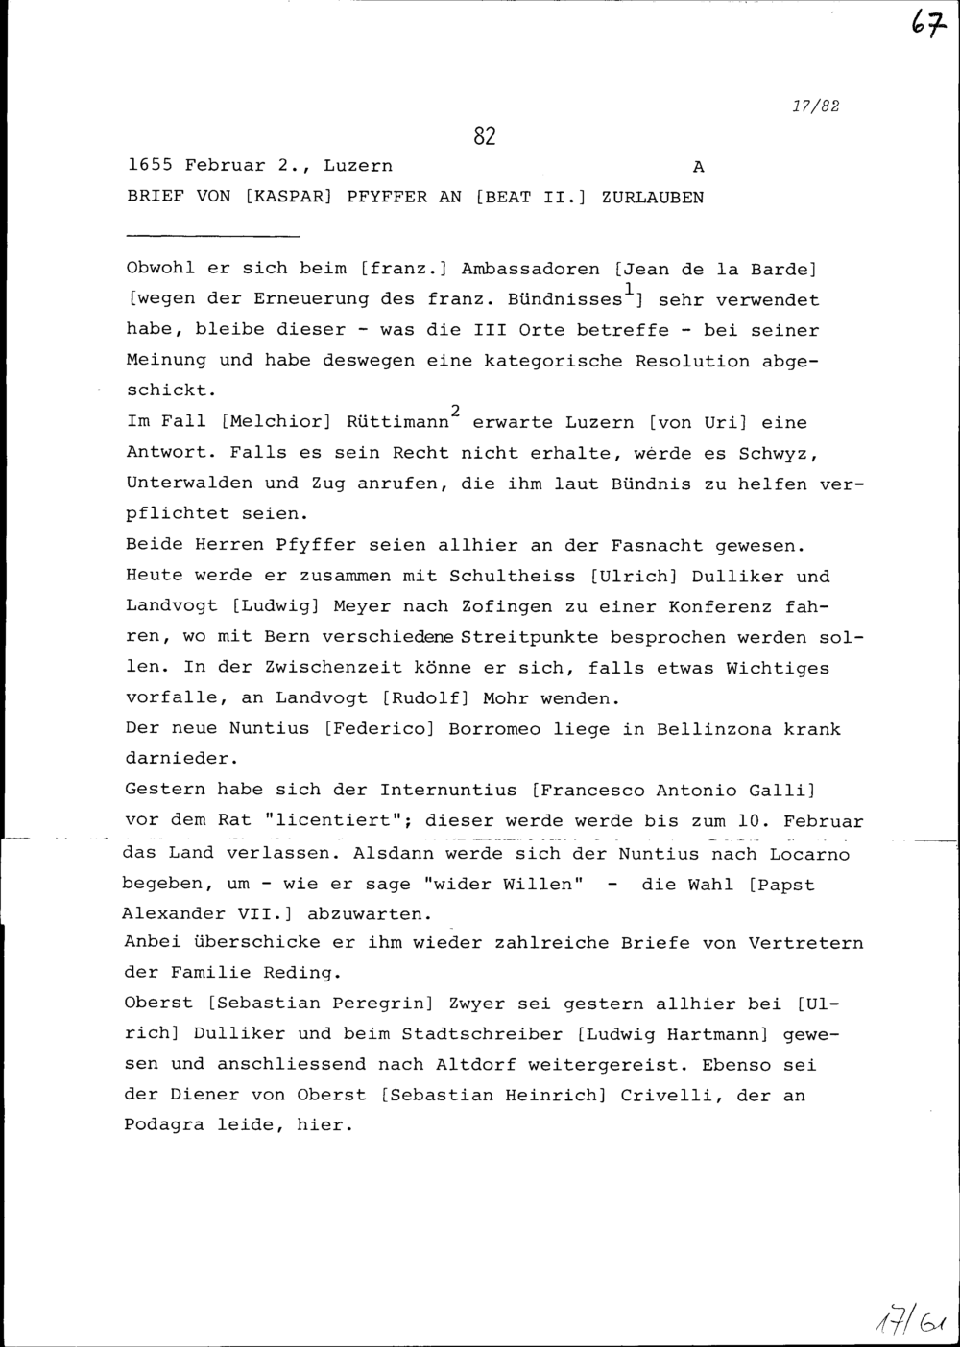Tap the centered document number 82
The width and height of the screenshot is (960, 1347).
point(484,136)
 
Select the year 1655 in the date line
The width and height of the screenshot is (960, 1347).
point(150,166)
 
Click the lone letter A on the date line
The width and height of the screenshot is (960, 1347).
point(698,167)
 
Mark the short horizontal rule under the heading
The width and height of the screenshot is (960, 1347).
point(213,235)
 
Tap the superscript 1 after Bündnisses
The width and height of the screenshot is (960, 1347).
point(627,288)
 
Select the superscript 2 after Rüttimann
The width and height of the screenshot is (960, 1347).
point(457,411)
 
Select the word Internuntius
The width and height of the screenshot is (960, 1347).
point(450,791)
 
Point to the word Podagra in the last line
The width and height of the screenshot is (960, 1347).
point(166,1125)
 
